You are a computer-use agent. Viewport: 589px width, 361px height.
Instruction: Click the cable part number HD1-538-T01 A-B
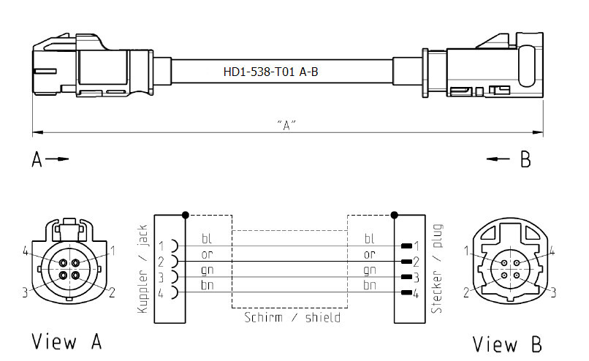270,72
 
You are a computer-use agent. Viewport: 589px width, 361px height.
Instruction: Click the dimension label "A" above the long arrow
286,125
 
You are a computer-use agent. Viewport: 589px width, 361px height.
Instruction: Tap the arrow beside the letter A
57,159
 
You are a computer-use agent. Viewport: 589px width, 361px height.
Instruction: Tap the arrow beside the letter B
498,159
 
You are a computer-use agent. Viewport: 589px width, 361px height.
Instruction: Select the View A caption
66,341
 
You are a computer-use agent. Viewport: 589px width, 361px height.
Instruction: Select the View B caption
507,343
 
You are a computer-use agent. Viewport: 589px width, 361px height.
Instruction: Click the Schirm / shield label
292,317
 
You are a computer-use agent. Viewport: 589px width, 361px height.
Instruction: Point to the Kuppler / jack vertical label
142,269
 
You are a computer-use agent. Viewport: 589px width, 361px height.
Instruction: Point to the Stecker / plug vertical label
437,269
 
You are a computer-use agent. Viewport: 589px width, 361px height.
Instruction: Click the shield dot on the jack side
185,215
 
